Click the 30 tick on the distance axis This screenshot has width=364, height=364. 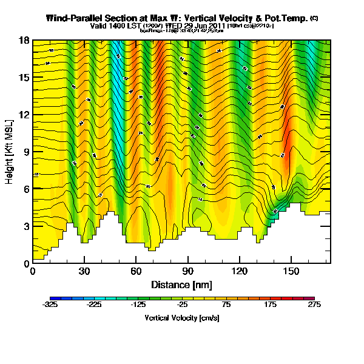pos(84,271)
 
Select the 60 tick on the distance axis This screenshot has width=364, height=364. pos(136,271)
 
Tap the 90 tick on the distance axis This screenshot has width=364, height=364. pos(188,271)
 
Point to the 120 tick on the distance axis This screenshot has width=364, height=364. pos(240,271)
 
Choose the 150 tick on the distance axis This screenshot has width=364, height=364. pos(291,271)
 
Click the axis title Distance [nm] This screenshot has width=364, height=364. pos(182,284)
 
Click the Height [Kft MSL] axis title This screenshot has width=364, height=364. pos(10,152)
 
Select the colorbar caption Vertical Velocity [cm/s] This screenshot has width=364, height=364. pos(182,317)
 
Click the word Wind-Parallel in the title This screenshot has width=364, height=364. pos(73,18)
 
